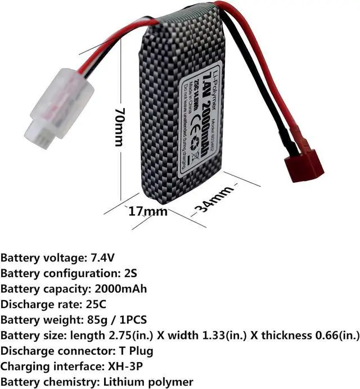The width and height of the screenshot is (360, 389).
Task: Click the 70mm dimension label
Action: tap(118, 128)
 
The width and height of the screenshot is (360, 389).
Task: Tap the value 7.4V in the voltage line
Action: tap(103, 259)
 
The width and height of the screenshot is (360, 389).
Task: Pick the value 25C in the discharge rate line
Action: tap(96, 304)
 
